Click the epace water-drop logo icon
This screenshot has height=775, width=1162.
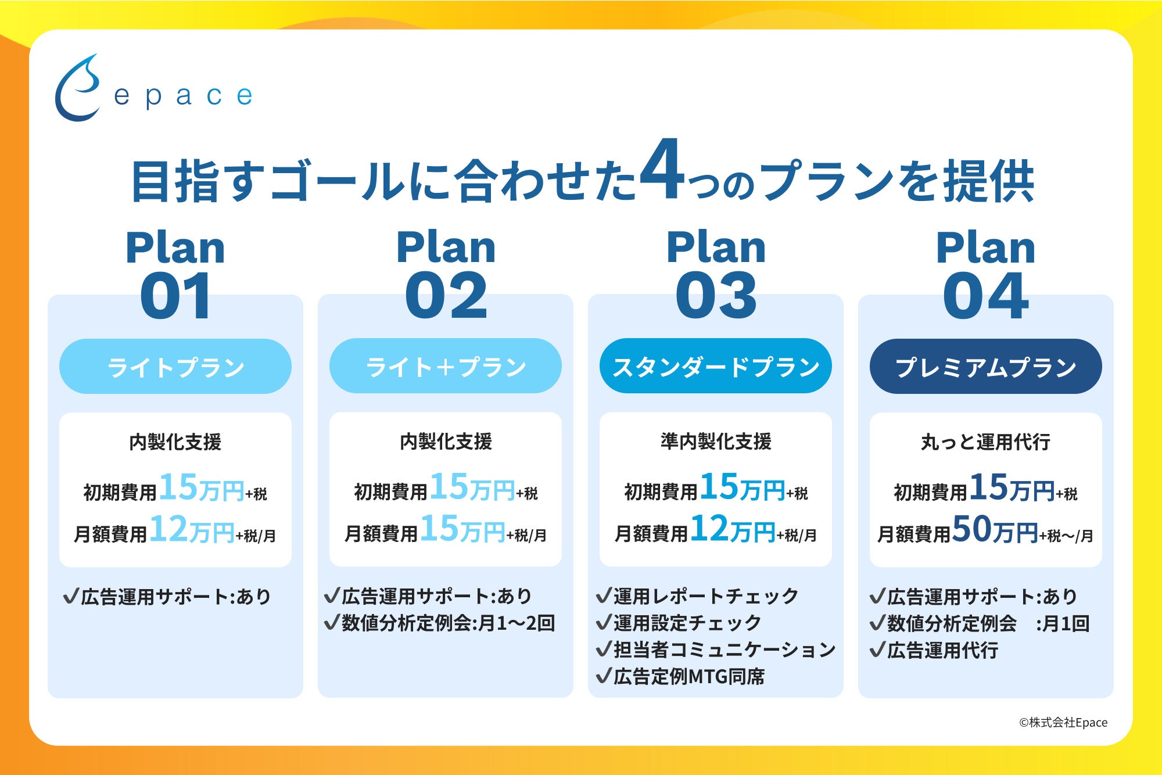(77, 88)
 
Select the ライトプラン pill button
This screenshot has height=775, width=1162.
(175, 367)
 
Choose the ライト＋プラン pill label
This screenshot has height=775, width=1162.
(446, 367)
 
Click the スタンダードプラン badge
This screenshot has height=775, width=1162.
(716, 367)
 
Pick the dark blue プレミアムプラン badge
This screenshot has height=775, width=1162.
(986, 367)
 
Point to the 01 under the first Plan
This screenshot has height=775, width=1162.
(175, 296)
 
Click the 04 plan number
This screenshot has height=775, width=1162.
(986, 296)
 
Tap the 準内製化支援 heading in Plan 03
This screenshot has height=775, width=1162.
(716, 442)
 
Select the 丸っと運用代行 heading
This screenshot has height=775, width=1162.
(986, 442)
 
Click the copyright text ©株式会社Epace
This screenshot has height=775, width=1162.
(1063, 722)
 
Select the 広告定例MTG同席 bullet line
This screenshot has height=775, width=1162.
(680, 676)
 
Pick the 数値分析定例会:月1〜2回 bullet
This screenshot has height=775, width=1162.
(440, 623)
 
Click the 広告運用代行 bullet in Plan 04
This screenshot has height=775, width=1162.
(934, 650)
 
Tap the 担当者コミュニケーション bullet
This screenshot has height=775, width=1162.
(716, 650)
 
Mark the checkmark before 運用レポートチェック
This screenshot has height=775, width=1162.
(604, 595)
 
